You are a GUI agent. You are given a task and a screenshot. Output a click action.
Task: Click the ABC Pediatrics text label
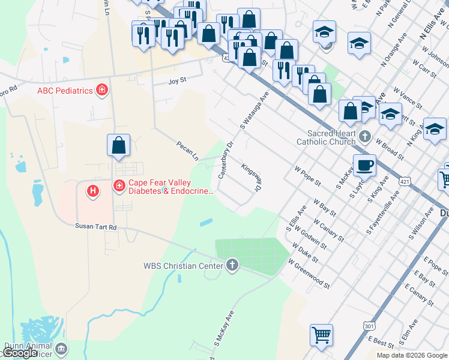click(x=65, y=91)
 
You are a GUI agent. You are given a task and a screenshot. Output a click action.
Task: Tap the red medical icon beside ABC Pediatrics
click(x=102, y=90)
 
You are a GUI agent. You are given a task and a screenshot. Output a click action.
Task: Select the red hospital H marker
click(x=92, y=191)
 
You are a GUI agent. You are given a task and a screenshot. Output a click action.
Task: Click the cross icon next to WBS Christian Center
click(x=232, y=265)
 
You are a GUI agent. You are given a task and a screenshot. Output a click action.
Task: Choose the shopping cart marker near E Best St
click(x=321, y=334)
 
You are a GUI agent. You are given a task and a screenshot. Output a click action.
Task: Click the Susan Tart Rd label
click(x=95, y=226)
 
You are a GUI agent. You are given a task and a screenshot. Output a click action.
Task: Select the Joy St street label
click(x=178, y=80)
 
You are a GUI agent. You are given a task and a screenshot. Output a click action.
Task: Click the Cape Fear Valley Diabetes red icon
click(x=119, y=187)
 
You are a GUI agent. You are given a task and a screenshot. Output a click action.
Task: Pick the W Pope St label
click(x=308, y=176)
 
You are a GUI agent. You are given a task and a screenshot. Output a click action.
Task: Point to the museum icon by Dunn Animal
click(x=61, y=349)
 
